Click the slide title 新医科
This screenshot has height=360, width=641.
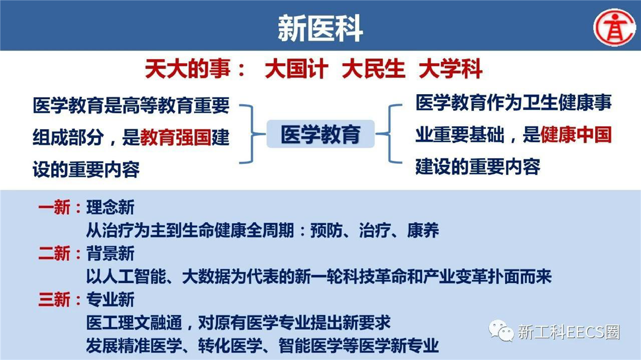pos(320,28)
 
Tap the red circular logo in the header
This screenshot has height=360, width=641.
pos(614,28)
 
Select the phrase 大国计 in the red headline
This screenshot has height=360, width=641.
pos(296,69)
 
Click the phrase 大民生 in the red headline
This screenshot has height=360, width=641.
pos(374,69)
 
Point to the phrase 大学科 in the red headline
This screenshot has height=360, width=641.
pos(451,69)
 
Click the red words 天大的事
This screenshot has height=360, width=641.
pos(188,69)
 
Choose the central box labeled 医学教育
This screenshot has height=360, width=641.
pos(320,134)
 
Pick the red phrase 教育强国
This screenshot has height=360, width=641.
pos(176,137)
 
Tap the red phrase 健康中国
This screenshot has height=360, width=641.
pos(576,135)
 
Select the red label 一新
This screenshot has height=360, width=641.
pos(54,207)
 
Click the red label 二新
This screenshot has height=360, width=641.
pos(54,253)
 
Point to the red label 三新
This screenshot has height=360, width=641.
pos(54,300)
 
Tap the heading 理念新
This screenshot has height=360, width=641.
pos(111,207)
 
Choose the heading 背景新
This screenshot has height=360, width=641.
pos(111,253)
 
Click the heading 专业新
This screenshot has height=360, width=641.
pos(111,300)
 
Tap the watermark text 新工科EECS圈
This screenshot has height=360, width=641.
pos(569,332)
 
